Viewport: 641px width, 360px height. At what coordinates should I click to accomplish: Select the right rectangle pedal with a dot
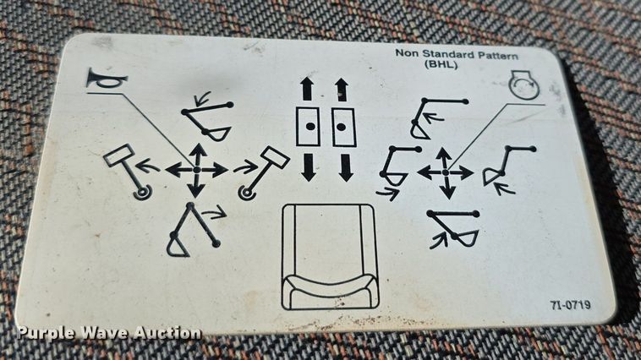coord(342,128)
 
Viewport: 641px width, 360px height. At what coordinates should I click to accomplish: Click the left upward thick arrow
coord(306,89)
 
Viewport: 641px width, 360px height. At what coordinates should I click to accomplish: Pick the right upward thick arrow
coord(342,89)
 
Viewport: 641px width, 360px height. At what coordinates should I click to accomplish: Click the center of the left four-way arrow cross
coord(196,170)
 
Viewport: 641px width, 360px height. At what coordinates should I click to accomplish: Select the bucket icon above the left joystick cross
coord(208,121)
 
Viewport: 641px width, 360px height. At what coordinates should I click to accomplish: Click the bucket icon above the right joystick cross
coord(432,115)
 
